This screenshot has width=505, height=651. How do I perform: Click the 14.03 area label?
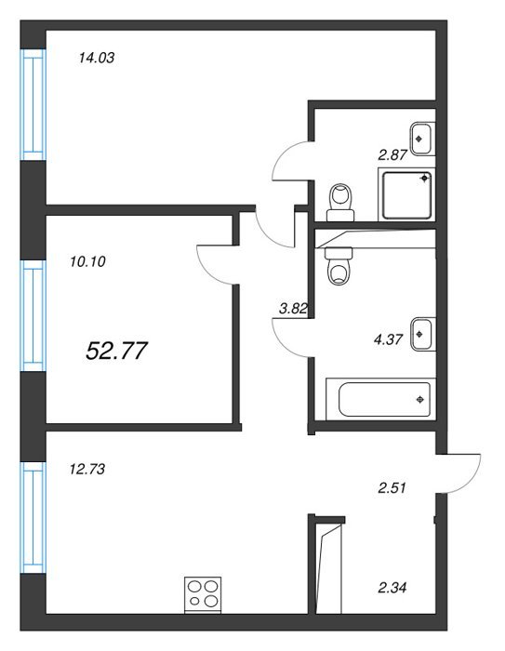coord(97,58)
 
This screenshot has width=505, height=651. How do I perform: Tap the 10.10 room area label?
coord(87,261)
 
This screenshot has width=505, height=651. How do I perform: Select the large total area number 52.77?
coord(116,351)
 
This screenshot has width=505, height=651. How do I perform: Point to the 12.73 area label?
coord(87,469)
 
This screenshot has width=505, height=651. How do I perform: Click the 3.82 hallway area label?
coord(294,309)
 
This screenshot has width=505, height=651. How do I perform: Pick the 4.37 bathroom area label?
coord(389,339)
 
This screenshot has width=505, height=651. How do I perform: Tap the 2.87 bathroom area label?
coord(392,155)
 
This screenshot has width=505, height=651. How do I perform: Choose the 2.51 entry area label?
coord(392,488)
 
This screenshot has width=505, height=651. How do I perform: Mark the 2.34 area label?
coord(392,588)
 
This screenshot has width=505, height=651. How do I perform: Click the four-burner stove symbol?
coord(203,595)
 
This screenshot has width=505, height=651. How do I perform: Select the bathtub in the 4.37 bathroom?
coord(380,399)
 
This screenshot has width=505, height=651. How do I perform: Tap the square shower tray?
coord(407,194)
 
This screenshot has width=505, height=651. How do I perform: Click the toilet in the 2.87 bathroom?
coord(340,202)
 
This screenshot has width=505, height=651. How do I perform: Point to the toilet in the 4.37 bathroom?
coord(339,266)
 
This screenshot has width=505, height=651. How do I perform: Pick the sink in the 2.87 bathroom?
coord(423,139)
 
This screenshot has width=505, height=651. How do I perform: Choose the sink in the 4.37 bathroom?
coord(423,334)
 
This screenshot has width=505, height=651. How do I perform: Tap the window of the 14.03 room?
coord(33,104)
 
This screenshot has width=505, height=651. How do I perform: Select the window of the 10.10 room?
coord(33,315)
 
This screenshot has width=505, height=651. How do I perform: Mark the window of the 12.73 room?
coord(33,517)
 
